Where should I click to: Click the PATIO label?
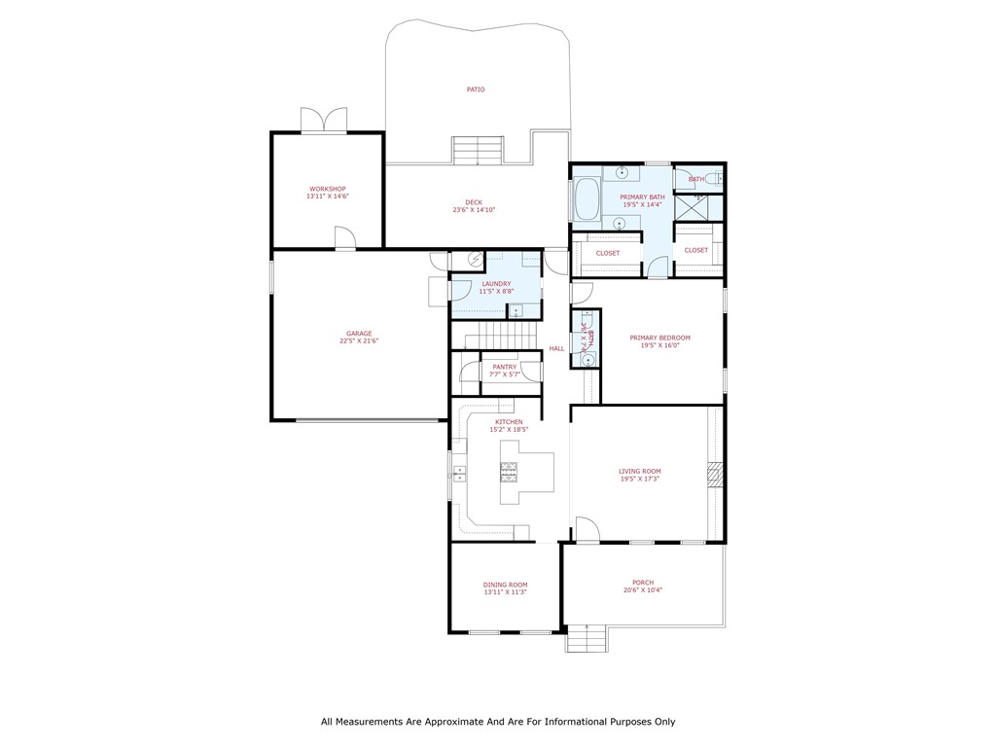(x=475, y=89)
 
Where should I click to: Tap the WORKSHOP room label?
(x=327, y=189)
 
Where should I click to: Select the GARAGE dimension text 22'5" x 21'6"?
(x=358, y=341)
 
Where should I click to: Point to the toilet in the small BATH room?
(x=715, y=178)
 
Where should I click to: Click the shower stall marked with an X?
(x=698, y=207)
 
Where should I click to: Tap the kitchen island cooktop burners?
(x=509, y=472)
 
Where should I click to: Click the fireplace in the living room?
(x=716, y=474)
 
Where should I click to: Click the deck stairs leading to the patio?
(x=478, y=151)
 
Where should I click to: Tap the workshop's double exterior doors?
(x=323, y=121)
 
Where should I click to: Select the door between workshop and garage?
(x=344, y=238)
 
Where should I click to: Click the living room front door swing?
(x=587, y=529)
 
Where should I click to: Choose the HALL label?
(x=556, y=348)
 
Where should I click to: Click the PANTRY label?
(x=505, y=367)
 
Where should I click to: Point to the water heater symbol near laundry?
(x=476, y=260)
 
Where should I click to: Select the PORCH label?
(x=642, y=583)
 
